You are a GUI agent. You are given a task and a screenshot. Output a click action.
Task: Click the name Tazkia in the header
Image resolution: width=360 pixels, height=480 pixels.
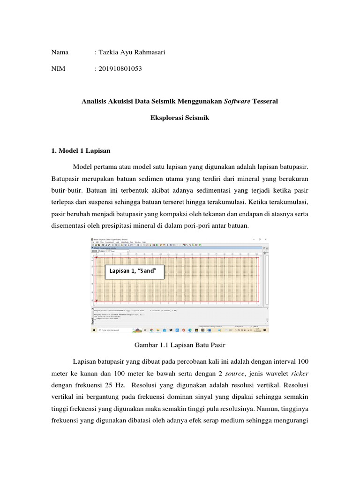coord(108,52)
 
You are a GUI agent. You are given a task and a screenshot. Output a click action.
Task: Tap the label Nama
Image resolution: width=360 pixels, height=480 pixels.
coord(60,52)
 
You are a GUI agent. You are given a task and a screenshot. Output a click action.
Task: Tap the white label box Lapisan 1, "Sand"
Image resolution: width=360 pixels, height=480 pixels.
coord(135,271)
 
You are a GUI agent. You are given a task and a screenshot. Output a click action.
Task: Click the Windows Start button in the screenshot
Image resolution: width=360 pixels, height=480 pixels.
coord(94,330)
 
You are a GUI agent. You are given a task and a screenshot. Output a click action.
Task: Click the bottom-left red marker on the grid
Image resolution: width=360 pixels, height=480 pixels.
coord(96,300)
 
